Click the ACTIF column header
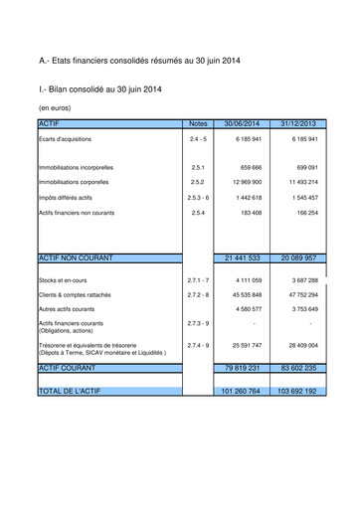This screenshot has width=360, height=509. point(49,123)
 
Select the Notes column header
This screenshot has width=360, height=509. point(197,123)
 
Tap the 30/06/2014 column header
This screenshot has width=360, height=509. point(242,123)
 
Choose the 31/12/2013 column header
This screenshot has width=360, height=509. point(297,123)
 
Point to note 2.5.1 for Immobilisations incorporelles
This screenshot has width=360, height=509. point(197,167)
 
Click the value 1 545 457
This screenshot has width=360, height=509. point(300,198)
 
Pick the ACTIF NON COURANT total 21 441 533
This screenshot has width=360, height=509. point(242,256)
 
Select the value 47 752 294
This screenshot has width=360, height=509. point(299,295)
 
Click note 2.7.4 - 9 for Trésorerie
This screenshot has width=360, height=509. point(197,345)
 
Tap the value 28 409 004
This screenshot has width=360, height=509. point(299,345)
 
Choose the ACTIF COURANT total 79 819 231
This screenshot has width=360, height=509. point(242,367)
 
